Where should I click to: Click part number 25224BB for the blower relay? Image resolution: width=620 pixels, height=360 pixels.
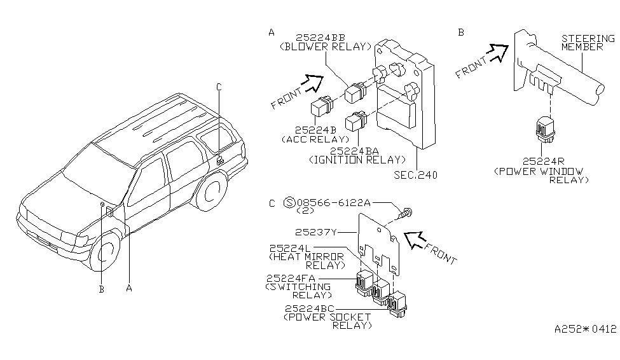320,38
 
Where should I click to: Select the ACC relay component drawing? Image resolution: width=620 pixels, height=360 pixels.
322,106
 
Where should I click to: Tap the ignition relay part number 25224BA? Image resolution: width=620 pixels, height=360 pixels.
354,151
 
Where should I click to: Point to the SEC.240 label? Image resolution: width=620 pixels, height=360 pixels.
416,175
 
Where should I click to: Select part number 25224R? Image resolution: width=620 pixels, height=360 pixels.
543,162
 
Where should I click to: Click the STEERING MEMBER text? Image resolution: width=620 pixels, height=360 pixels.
588,43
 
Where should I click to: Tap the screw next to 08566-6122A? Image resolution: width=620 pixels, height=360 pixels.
405,213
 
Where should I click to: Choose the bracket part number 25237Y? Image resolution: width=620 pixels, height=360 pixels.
315,232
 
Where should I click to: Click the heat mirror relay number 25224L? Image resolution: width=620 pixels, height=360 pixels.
290,248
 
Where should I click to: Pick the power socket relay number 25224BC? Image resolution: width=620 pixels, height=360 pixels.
309,308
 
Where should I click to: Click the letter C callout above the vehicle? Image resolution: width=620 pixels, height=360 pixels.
219,87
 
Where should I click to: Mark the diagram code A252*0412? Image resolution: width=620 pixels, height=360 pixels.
585,329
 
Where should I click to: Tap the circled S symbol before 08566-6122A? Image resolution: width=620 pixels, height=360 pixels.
289,202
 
